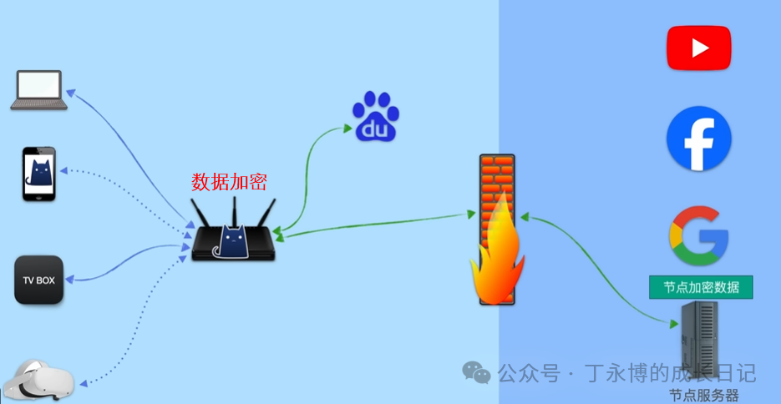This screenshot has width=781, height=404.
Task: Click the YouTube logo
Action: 698,48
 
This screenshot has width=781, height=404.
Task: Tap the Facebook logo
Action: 699,139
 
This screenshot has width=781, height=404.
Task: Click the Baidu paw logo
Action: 376,117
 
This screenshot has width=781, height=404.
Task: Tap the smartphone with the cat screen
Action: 38,174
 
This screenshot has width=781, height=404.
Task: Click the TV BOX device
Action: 38,280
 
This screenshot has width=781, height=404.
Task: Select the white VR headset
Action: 38,381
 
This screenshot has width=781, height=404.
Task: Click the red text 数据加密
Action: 230,181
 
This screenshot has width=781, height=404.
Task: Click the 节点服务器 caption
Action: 703,396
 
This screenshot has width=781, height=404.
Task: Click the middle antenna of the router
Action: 235,211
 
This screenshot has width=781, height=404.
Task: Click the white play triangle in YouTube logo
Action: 700,48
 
